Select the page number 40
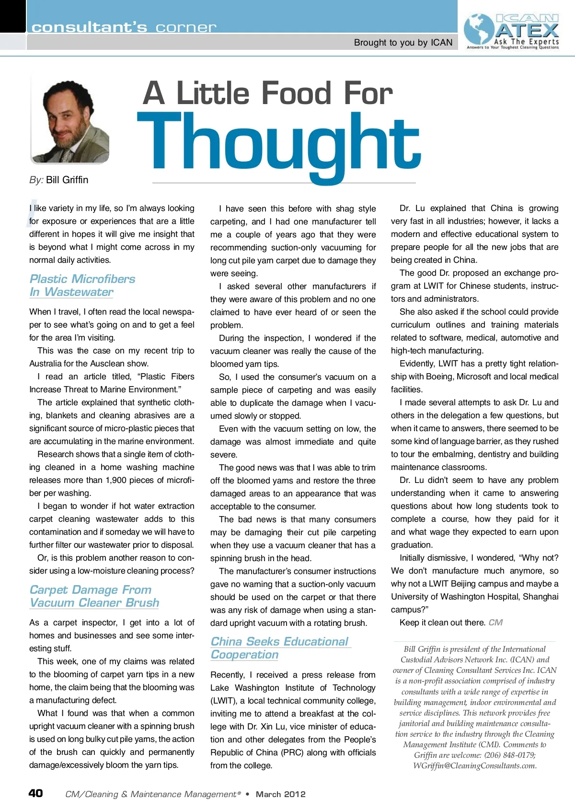(x=36, y=793)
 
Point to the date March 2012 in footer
(x=280, y=794)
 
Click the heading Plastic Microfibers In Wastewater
(x=82, y=285)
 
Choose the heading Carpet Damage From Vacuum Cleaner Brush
(x=94, y=596)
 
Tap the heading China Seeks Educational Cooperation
(x=280, y=648)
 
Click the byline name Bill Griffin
(x=67, y=180)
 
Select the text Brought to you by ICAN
(x=403, y=43)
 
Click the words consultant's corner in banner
(x=124, y=27)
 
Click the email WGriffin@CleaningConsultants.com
(x=474, y=765)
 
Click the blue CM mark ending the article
(x=495, y=623)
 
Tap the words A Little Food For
(x=267, y=93)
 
